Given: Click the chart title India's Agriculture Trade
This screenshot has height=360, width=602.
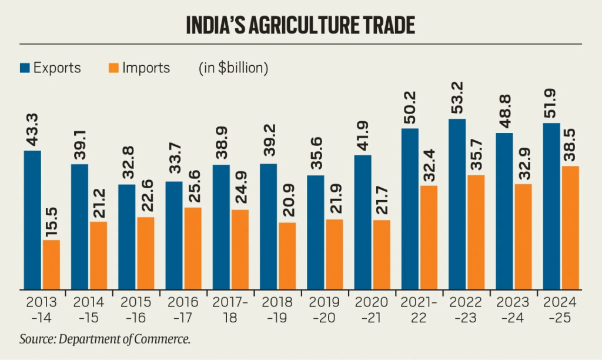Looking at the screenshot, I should click(x=300, y=25).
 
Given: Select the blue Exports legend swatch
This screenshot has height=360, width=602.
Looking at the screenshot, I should click(x=25, y=68).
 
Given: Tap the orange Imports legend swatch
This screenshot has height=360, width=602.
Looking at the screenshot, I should click(x=114, y=68).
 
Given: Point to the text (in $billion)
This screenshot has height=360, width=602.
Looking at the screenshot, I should click(x=233, y=68).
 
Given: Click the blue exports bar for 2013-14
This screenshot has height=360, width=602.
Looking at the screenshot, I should click(x=32, y=220).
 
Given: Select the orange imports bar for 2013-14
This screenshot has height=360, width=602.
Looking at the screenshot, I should click(x=51, y=264).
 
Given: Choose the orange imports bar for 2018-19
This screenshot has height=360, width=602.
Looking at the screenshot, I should click(x=287, y=256).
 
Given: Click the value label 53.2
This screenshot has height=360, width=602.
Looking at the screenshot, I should click(x=457, y=102).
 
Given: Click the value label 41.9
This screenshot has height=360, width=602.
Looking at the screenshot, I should click(x=363, y=138).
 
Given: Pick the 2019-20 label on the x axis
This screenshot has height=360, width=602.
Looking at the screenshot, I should click(x=325, y=310).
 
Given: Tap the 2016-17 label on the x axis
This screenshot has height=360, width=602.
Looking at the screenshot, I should click(x=183, y=310).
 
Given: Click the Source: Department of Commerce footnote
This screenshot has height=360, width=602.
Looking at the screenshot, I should click(x=105, y=339).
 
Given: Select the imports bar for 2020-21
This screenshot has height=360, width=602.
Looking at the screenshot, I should click(x=382, y=255).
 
